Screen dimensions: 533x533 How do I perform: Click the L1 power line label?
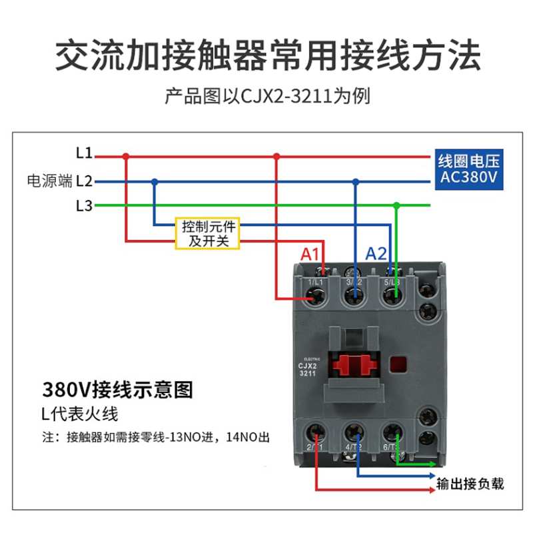pyautogui.click(x=84, y=153)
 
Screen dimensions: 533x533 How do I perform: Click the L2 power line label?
pyautogui.click(x=84, y=181)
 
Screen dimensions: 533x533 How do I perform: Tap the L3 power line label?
pyautogui.click(x=84, y=205)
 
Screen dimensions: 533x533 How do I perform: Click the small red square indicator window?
pyautogui.click(x=398, y=365)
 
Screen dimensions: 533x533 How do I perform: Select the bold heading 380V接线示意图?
pyautogui.click(x=117, y=389)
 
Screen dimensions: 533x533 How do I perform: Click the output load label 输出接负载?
pyautogui.click(x=470, y=484)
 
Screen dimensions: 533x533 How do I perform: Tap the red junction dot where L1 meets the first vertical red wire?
pyautogui.click(x=126, y=157)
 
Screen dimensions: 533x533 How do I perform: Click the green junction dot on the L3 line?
pyautogui.click(x=396, y=205)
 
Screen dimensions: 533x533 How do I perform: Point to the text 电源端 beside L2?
pyautogui.click(x=50, y=181)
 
